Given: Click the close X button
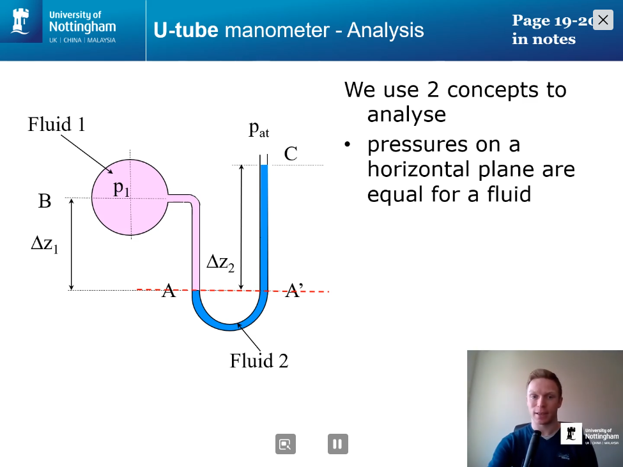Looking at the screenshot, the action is (603, 19).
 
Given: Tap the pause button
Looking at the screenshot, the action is (338, 443).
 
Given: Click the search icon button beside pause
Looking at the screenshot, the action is (285, 443).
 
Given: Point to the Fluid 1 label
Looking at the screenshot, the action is (56, 125).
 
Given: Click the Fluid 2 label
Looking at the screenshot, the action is (259, 360).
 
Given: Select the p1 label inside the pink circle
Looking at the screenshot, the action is (121, 188).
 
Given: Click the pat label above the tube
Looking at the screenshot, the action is (259, 129).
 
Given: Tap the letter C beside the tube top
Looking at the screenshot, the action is (291, 154).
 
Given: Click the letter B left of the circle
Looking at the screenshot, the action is (45, 201).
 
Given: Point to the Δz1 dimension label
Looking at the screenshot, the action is (45, 244).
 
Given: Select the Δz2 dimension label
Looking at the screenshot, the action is (220, 263).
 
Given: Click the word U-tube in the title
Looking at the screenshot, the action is (186, 30).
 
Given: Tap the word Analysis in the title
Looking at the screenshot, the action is (385, 30).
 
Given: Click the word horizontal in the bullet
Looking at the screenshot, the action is (419, 169).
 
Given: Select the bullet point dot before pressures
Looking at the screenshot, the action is (348, 144).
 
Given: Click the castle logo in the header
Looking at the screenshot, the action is (20, 21).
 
